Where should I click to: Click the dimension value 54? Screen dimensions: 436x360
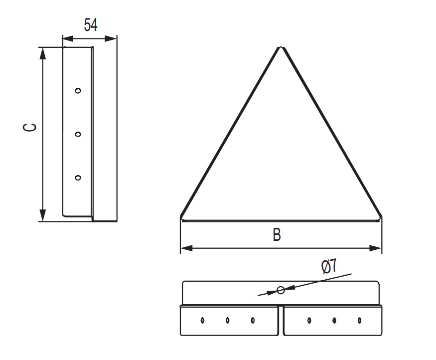tap(91, 25)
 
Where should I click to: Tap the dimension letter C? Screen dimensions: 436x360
tap(29, 127)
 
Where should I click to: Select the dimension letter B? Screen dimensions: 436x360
tap(277, 234)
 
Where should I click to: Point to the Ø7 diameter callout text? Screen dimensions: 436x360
tap(329, 266)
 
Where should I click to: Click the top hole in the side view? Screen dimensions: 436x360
tap(78, 90)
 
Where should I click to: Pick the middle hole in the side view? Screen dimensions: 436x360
tap(78, 134)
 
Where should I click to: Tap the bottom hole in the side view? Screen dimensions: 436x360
tap(78, 178)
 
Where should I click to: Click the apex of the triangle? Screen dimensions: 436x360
tap(281, 47)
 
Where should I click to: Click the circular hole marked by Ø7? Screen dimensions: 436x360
tap(281, 291)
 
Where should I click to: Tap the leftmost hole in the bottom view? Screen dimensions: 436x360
tap(202, 320)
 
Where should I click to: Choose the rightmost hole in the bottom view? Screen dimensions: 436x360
tap(360, 320)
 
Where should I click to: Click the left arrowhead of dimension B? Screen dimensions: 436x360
tap(186, 248)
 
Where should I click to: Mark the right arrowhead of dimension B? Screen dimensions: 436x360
tap(375, 248)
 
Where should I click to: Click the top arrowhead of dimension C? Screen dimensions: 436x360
tap(42, 53)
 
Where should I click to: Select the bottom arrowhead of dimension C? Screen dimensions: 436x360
tap(42, 215)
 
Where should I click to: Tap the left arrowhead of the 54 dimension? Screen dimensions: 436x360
tap(68, 39)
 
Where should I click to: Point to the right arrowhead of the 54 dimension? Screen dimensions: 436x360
tap(111, 39)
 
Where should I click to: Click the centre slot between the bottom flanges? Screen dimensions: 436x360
tap(281, 320)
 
